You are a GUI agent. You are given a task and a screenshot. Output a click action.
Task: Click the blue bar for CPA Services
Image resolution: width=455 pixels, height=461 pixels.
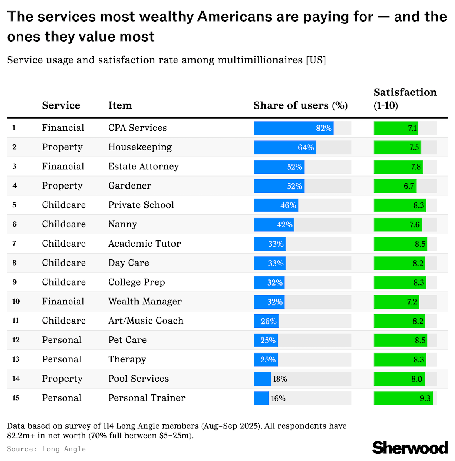(293, 128)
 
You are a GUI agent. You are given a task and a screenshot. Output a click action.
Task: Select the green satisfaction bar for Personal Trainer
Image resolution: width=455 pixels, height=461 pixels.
(403, 398)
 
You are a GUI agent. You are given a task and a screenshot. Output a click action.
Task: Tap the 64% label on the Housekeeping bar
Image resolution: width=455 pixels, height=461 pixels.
(306, 147)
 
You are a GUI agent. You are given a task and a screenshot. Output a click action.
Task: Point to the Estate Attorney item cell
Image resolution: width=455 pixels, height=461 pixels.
(144, 167)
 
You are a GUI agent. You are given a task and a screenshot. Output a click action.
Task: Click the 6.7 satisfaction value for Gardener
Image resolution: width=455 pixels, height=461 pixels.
(409, 186)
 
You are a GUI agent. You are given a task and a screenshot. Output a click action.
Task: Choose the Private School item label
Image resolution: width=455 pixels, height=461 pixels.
(141, 205)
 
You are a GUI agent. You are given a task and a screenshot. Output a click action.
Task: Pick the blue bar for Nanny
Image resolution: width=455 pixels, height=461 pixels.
(274, 225)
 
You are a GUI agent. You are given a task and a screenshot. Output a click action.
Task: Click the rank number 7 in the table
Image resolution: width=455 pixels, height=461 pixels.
(14, 244)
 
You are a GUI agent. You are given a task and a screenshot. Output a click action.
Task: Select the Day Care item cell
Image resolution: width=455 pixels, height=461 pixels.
(129, 263)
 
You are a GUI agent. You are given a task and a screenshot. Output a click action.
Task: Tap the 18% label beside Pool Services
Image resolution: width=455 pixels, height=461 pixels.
(280, 379)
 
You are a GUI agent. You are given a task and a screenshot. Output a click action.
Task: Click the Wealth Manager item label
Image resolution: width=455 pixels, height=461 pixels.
(145, 301)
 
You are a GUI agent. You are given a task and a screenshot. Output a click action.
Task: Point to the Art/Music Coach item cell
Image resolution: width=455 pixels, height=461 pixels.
(146, 321)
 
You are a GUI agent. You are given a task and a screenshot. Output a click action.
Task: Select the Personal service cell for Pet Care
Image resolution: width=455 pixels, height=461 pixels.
(62, 340)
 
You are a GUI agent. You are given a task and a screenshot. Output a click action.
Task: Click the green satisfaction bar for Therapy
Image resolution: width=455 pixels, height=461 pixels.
(400, 359)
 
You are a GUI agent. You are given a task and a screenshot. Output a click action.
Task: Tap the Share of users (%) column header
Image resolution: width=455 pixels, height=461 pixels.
(300, 105)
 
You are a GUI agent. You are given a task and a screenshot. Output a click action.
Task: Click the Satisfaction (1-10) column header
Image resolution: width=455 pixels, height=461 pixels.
(405, 99)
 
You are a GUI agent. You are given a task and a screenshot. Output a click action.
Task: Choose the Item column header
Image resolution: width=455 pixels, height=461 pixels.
(120, 105)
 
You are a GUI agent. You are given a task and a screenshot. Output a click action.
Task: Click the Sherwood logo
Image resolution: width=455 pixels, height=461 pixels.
(410, 448)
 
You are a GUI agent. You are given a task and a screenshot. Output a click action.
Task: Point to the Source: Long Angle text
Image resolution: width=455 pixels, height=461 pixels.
(46, 449)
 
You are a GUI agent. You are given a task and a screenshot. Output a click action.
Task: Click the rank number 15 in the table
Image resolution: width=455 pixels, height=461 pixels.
(16, 398)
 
